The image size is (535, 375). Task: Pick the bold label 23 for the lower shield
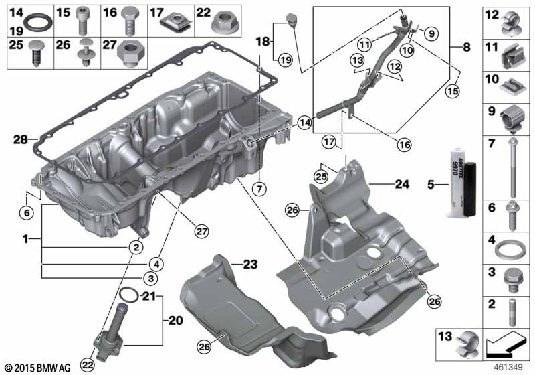[x=249, y=265]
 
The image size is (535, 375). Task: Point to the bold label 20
[x=176, y=320]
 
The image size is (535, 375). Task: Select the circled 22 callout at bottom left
[x=88, y=364]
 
